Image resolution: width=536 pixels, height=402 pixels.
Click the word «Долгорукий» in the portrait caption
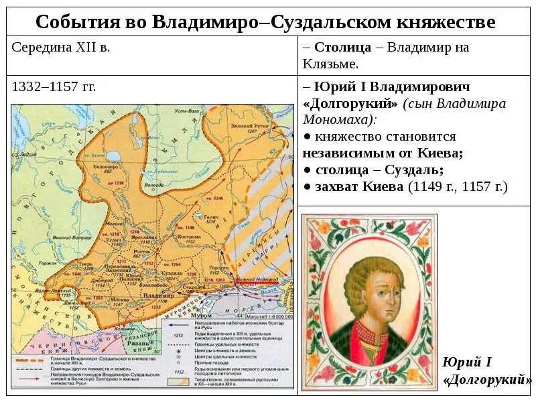tap(487, 380)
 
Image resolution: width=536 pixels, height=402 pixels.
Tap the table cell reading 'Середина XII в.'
tap(61, 47)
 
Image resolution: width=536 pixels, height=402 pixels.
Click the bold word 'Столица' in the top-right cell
tap(342, 47)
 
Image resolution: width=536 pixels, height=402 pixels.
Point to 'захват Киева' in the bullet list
tap(354, 186)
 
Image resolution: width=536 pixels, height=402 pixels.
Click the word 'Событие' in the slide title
tap(74, 22)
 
